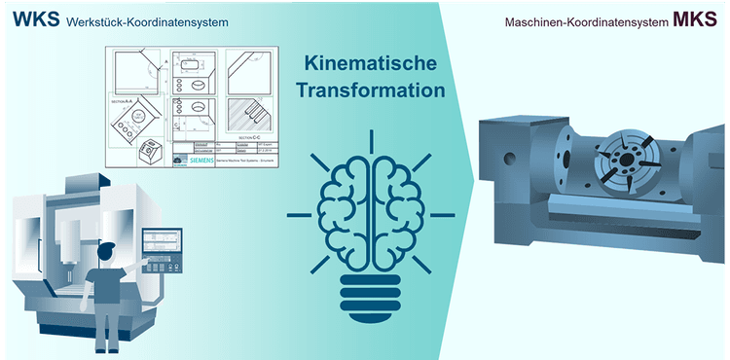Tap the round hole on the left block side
pos(506,157)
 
